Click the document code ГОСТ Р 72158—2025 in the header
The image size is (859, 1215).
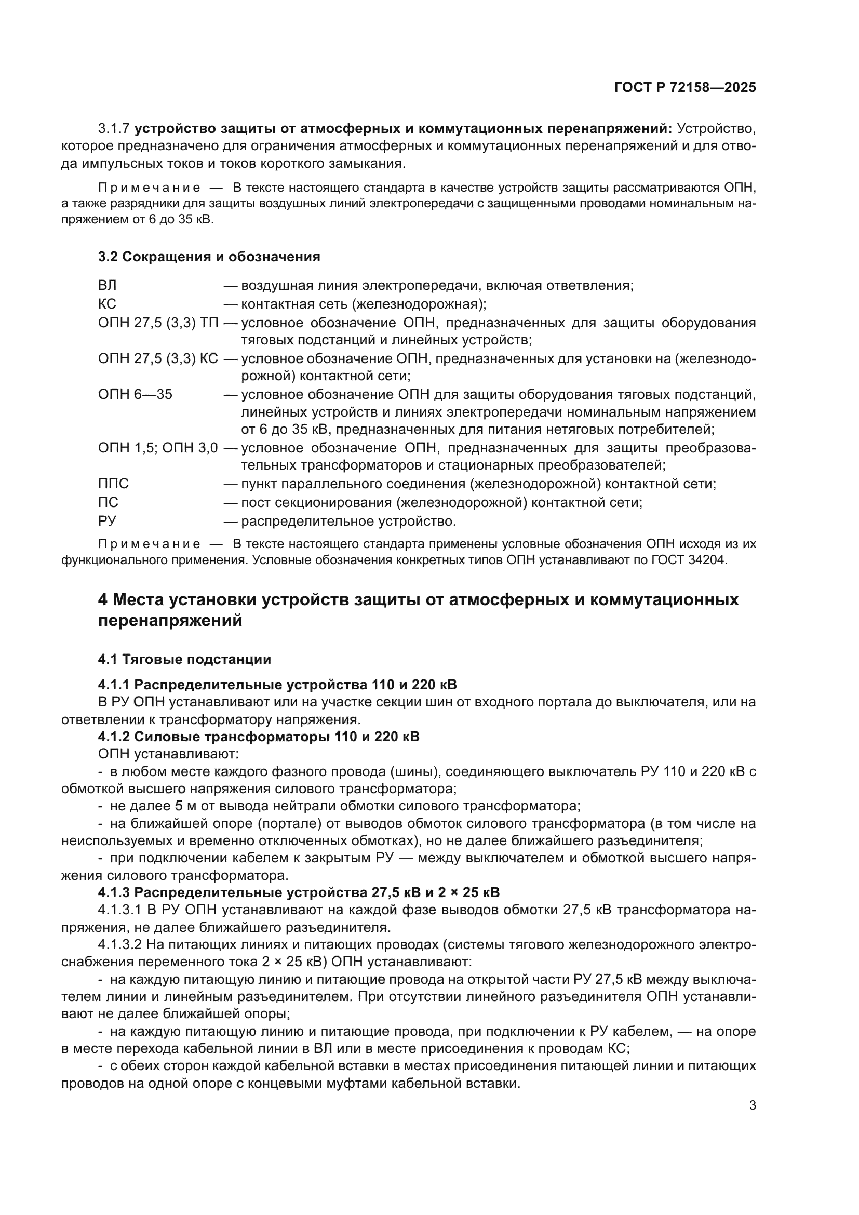click(685, 88)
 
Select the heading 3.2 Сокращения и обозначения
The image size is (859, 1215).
click(209, 257)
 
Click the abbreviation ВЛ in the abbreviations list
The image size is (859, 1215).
click(107, 286)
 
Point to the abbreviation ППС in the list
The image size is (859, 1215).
click(113, 484)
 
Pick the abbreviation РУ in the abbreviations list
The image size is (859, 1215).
click(107, 521)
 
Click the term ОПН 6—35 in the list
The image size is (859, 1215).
click(135, 395)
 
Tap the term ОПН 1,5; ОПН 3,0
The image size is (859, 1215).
click(158, 448)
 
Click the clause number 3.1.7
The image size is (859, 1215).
click(114, 129)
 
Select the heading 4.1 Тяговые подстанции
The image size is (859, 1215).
click(184, 659)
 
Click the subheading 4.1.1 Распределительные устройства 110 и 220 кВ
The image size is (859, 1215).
click(277, 685)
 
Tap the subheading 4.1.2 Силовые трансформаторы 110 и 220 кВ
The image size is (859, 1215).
click(259, 737)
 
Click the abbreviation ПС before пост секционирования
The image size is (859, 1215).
click(108, 503)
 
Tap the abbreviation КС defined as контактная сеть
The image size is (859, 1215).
click(107, 304)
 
